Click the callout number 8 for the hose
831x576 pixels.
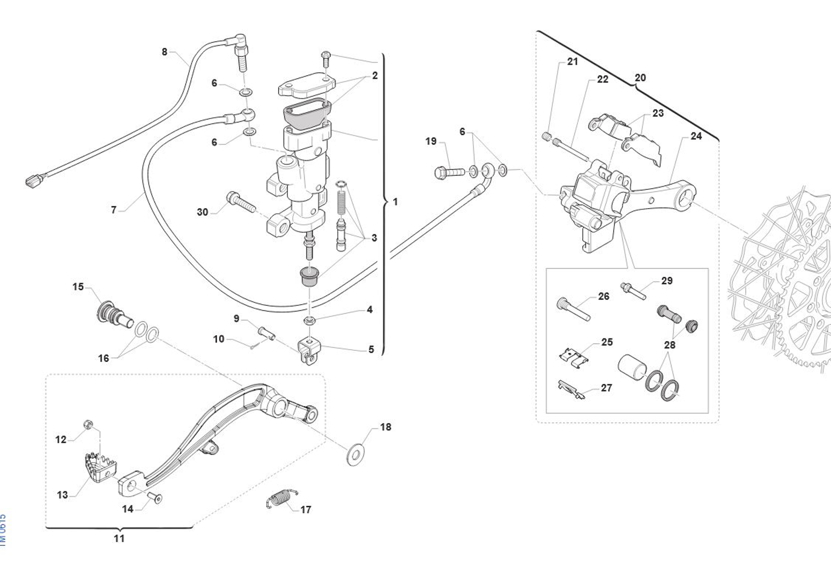click(165, 52)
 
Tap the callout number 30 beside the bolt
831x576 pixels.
click(202, 212)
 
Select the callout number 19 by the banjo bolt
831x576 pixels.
click(431, 142)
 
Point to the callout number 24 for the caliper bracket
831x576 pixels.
click(696, 136)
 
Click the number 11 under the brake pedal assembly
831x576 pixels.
click(119, 538)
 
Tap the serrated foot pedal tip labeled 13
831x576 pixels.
click(99, 467)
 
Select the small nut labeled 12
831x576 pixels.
click(88, 425)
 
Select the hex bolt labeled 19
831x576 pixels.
click(448, 173)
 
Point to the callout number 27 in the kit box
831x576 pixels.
click(606, 388)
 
